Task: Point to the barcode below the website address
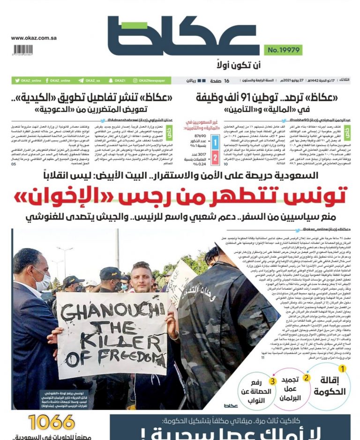(x=23, y=50)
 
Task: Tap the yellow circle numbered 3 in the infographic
(x=271, y=380)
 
